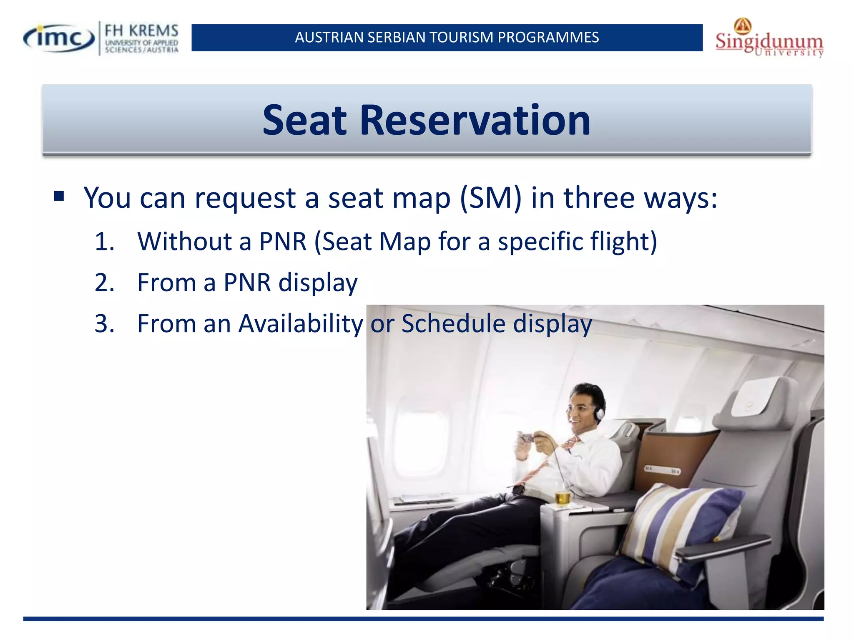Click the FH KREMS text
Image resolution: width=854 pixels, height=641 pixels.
(141, 31)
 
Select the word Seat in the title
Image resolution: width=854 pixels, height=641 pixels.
(304, 121)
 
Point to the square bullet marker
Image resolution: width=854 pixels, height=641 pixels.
(59, 196)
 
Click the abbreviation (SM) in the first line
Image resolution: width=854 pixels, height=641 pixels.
(490, 198)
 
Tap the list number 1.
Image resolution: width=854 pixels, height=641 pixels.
(104, 242)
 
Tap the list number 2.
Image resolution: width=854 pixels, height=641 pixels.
(104, 283)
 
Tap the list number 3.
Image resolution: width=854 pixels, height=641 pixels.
(104, 323)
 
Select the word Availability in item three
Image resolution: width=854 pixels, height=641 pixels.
(300, 324)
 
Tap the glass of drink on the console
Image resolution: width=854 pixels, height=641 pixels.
(562, 497)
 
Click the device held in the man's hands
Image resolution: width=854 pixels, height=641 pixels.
(526, 438)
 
